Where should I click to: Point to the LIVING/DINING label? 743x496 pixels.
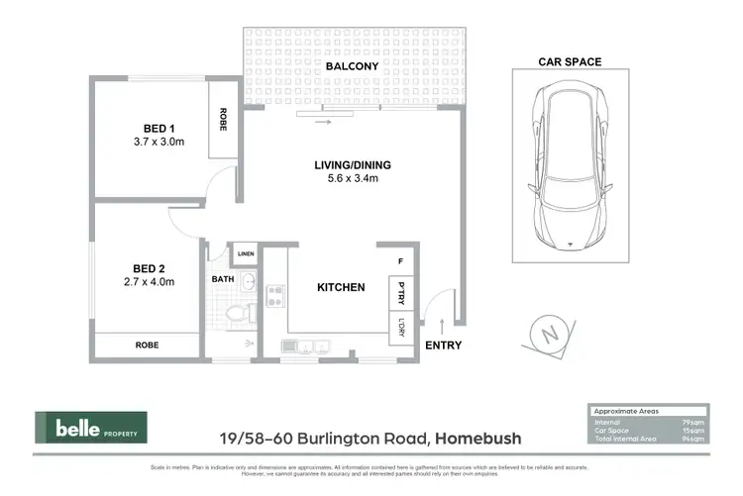[x=346, y=164]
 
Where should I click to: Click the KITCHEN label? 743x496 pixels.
[x=341, y=288]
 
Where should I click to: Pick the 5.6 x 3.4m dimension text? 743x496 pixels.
[x=346, y=179]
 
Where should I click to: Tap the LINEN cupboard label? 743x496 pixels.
[x=246, y=254]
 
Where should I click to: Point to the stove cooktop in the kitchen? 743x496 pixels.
[x=274, y=294]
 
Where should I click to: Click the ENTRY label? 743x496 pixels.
[x=442, y=346]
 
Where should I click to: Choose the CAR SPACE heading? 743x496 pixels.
[x=570, y=61]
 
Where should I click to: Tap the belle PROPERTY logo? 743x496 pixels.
[x=91, y=428]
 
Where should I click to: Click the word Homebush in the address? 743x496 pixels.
[x=479, y=438]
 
